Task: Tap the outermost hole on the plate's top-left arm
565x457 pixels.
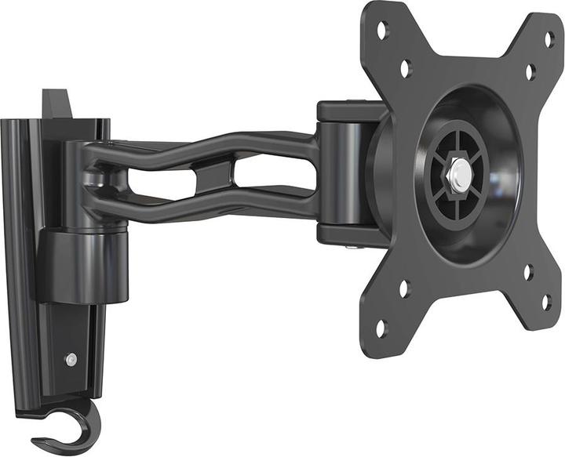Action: tap(382, 31)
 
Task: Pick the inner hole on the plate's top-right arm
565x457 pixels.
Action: tap(530, 72)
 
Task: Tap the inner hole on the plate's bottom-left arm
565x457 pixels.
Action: tap(404, 288)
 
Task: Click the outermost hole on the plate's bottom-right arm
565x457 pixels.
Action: tap(546, 301)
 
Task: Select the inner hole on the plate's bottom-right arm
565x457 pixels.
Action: tap(528, 272)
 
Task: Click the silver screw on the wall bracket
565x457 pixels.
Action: tap(71, 359)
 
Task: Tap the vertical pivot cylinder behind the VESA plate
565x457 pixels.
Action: tap(343, 172)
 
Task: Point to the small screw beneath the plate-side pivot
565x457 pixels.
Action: tap(348, 249)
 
